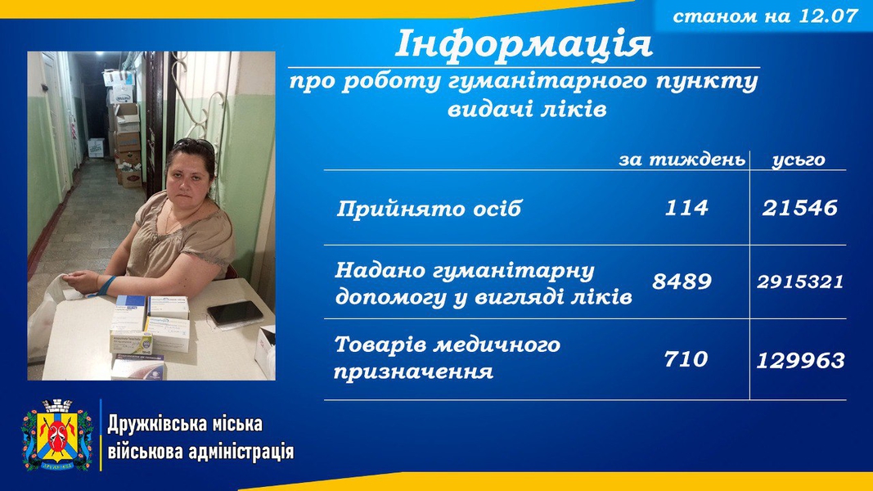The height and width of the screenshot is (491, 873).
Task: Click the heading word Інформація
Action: pos(523,43)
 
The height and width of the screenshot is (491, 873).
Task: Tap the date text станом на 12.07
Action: pos(765,16)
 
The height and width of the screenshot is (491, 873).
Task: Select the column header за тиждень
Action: pos(682,160)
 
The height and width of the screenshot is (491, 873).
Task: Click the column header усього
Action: pos(799,160)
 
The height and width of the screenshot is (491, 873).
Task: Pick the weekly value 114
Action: pos(686,208)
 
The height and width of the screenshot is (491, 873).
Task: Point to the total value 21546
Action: pos(799,208)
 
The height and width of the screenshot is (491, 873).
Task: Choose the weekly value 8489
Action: pos(682,282)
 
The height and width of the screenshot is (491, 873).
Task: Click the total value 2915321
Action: pos(800,282)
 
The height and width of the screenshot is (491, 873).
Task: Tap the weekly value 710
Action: pos(686,359)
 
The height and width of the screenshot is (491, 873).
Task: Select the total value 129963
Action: pos(800,361)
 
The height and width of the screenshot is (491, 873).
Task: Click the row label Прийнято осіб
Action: pos(429,209)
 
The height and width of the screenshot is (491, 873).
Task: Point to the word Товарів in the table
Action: pos(379,345)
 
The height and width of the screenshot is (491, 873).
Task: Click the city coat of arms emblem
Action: pos(56,435)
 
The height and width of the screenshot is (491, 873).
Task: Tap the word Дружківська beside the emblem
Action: pos(152,424)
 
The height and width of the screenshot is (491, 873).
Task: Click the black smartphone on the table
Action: pos(235,313)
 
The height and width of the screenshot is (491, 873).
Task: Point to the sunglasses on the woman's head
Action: pos(193,144)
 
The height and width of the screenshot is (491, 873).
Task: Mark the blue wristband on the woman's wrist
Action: pos(107,286)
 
